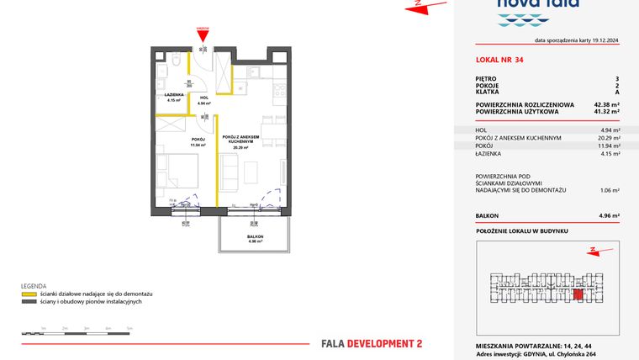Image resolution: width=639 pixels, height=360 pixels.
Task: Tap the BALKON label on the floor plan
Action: coord(255,236)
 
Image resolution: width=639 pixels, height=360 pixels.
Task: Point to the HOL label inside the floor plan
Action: coord(203,98)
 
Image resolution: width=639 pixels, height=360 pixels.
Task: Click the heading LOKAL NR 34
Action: coord(499,59)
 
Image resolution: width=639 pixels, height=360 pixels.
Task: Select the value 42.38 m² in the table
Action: coord(605,104)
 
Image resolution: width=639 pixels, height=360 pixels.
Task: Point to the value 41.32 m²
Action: coord(605,111)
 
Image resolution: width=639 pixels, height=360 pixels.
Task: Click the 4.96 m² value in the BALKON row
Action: coord(607,216)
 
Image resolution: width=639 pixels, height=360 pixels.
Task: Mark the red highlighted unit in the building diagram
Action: coord(578,294)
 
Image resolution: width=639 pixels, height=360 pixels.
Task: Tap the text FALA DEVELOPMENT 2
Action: coord(372,343)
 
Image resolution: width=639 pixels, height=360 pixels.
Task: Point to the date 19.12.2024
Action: coord(601,40)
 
